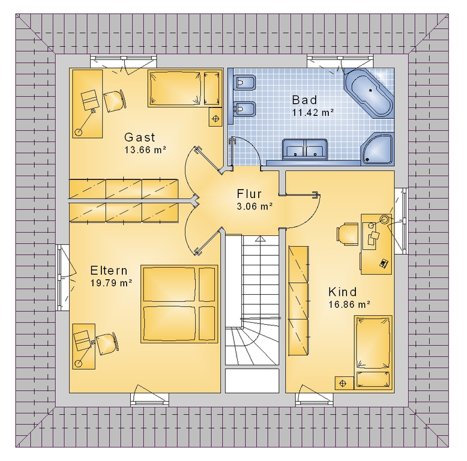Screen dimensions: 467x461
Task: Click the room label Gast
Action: click(x=140, y=137)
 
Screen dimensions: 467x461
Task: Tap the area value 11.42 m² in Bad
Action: click(x=313, y=113)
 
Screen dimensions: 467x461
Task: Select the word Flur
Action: click(x=249, y=193)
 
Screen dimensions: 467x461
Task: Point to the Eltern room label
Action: click(x=109, y=270)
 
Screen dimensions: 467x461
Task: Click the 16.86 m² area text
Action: click(x=349, y=304)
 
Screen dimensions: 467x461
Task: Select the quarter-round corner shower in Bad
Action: click(x=378, y=149)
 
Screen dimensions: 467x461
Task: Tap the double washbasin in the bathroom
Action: click(x=305, y=148)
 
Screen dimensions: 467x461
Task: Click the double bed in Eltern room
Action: click(x=179, y=304)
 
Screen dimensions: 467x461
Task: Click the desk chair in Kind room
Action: click(x=348, y=234)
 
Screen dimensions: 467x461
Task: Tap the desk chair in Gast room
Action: click(x=115, y=100)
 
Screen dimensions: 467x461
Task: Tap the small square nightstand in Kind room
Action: click(x=343, y=383)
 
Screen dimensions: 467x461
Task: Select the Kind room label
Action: click(x=342, y=292)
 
